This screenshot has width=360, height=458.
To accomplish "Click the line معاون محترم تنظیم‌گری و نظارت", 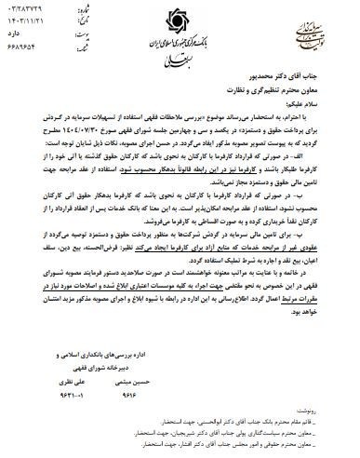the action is tap(287, 94).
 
